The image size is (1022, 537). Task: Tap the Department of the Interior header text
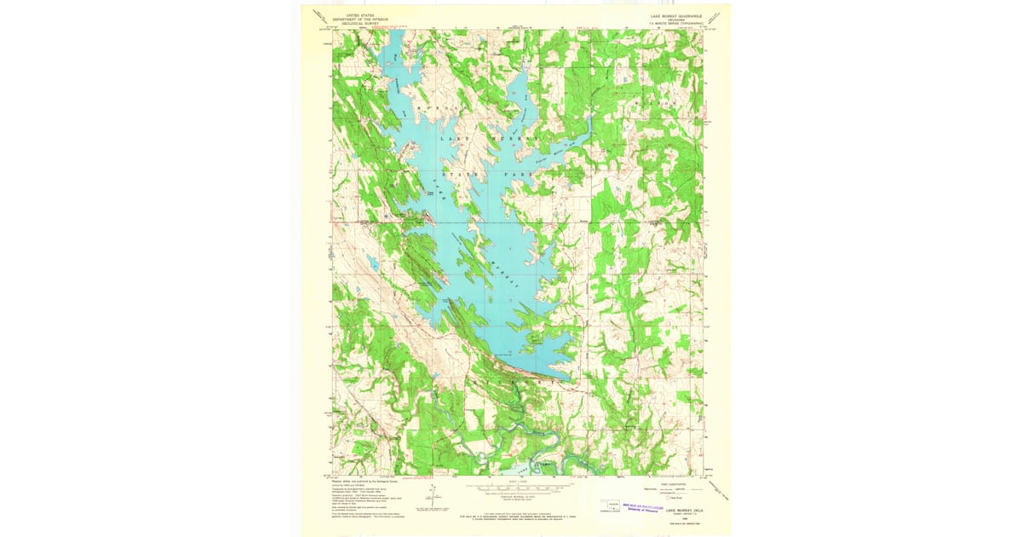click(x=359, y=19)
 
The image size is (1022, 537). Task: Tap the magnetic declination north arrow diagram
click(x=433, y=494)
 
